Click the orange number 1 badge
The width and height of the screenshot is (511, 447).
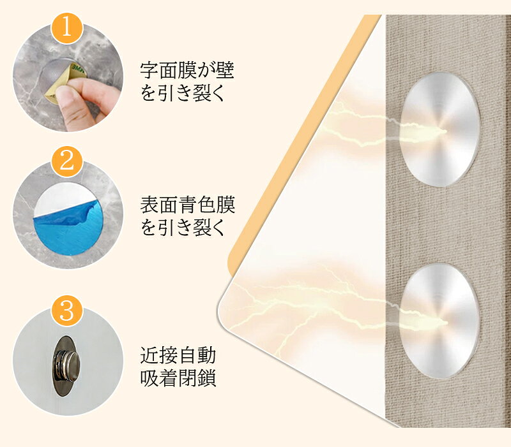click(x=67, y=29)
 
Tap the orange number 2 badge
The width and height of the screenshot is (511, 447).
click(x=67, y=161)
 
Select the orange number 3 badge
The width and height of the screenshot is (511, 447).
click(x=67, y=311)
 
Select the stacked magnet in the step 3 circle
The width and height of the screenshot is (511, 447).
click(x=68, y=366)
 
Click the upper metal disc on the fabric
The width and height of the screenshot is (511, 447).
click(x=440, y=129)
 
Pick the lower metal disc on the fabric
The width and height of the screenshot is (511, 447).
click(x=440, y=321)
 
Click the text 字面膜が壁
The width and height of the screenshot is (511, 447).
click(x=187, y=70)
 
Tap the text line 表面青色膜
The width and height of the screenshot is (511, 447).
click(x=187, y=205)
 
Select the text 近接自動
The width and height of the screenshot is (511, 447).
click(x=178, y=355)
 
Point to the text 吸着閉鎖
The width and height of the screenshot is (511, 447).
click(x=178, y=377)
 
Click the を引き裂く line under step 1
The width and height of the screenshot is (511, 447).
click(x=183, y=92)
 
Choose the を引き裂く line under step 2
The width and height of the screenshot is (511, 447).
click(x=183, y=228)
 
